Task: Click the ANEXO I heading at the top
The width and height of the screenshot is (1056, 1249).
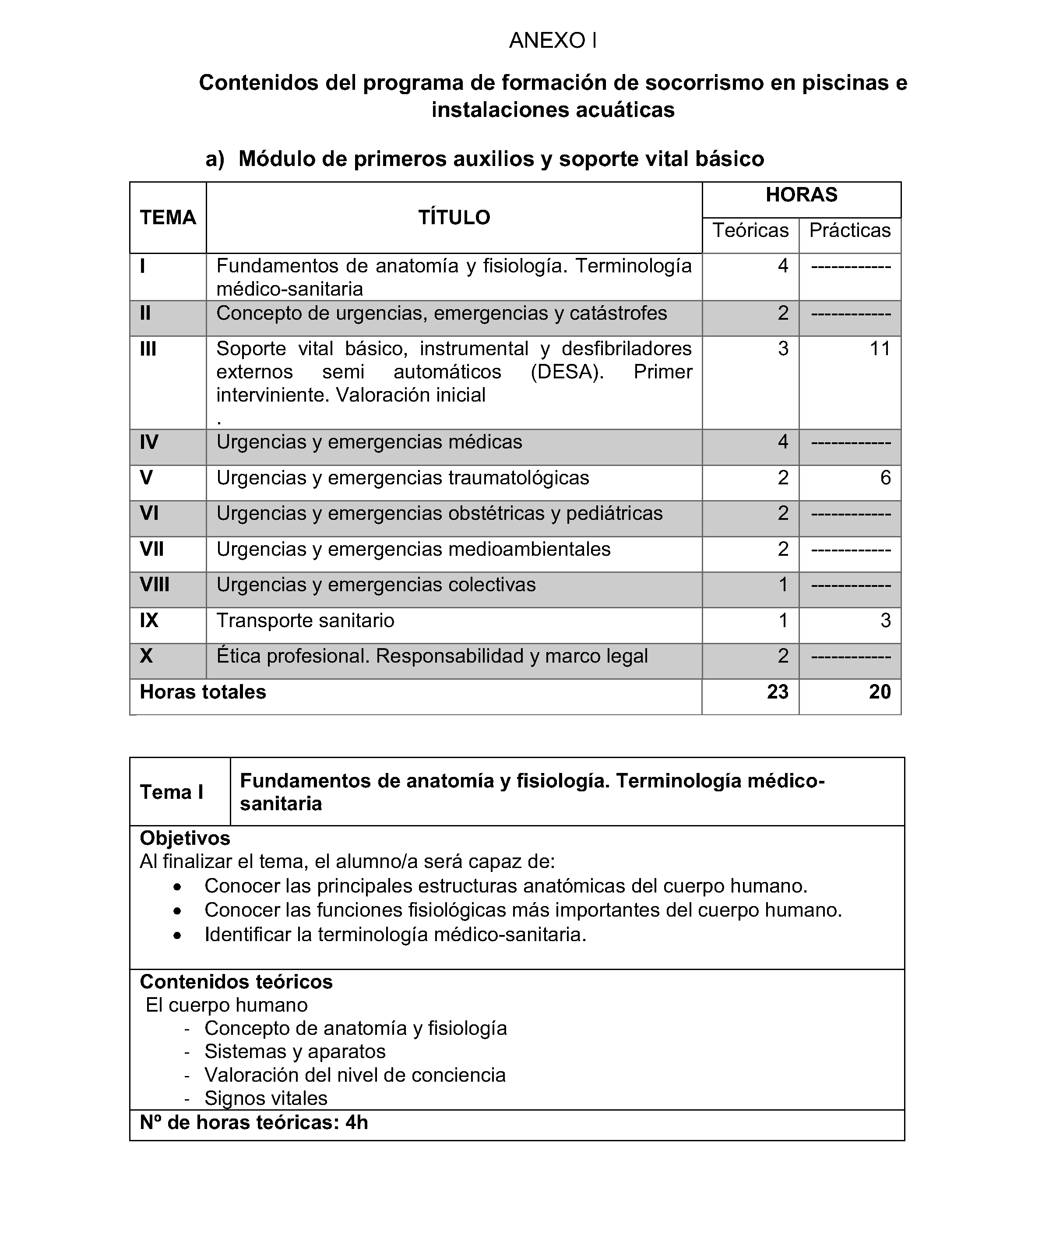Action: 553,41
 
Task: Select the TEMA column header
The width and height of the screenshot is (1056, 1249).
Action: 168,217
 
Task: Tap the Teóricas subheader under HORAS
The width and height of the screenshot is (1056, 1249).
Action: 750,230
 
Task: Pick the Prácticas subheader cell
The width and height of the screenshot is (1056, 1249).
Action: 849,230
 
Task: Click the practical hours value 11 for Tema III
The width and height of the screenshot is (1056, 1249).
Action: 880,349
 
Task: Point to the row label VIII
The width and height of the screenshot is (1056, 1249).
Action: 155,584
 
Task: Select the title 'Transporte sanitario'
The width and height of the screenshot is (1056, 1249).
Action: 305,620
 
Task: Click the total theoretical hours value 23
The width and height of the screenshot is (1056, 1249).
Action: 777,692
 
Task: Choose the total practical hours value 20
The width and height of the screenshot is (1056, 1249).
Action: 880,692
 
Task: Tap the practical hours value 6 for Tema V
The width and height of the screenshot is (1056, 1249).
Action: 885,478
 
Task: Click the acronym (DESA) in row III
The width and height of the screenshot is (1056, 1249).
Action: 567,372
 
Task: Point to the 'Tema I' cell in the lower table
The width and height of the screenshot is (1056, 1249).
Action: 172,792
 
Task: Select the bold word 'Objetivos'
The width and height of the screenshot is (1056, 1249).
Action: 185,838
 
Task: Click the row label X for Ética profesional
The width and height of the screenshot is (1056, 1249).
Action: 146,656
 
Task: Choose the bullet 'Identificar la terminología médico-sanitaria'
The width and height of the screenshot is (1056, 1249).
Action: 395,935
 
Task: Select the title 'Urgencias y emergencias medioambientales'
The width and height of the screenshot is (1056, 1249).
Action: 413,549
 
